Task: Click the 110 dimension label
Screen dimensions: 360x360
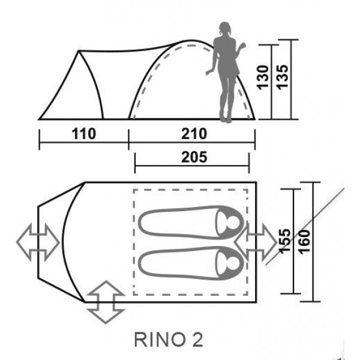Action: [x=84, y=134]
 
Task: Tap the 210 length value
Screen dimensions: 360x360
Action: [x=194, y=134]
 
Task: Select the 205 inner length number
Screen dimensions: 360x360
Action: [x=194, y=157]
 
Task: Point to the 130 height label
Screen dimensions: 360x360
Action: [x=263, y=77]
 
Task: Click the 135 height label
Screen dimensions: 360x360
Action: [x=282, y=77]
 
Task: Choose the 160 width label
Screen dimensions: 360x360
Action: [x=304, y=242]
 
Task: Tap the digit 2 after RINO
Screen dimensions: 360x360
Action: [x=197, y=340]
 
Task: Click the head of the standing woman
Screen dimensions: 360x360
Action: [x=224, y=28]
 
